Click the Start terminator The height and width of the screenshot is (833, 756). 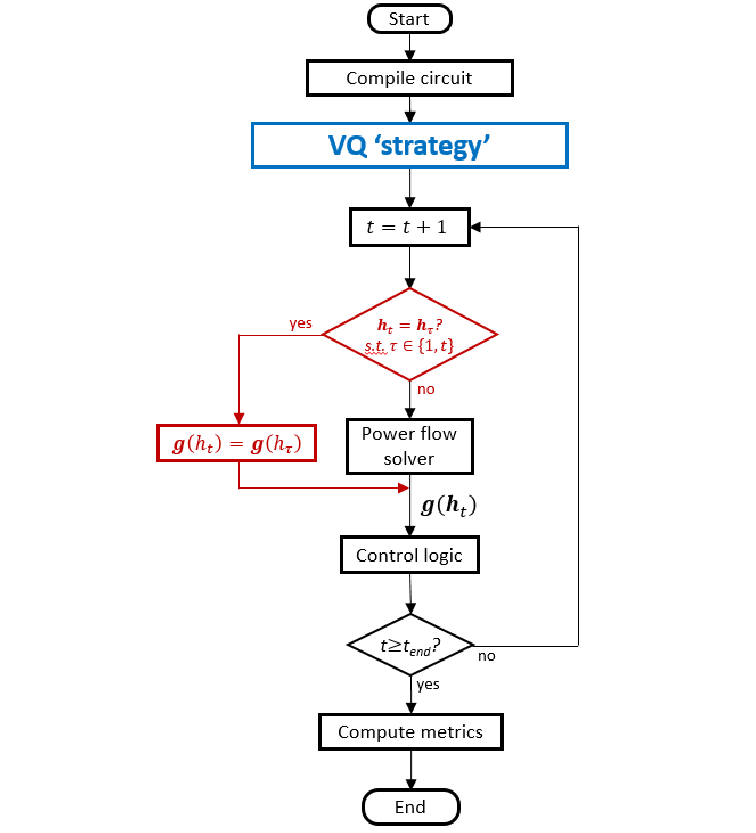click(x=410, y=19)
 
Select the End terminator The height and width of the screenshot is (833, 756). click(x=410, y=806)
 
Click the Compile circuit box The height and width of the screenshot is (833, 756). click(x=410, y=78)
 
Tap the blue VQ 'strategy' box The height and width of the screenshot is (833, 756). click(x=410, y=145)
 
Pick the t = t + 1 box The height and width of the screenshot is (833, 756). click(x=410, y=227)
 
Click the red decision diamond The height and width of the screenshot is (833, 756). click(x=410, y=334)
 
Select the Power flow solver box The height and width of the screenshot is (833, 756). click(x=410, y=446)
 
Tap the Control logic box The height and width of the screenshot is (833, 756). click(x=410, y=555)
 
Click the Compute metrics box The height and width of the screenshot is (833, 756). click(x=410, y=732)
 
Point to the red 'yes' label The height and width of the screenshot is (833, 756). click(x=300, y=324)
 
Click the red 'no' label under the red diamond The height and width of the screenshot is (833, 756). click(x=426, y=388)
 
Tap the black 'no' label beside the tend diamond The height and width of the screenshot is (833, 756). click(x=487, y=657)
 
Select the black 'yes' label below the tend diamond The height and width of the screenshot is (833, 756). click(x=428, y=685)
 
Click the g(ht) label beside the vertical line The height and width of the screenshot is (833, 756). click(x=448, y=507)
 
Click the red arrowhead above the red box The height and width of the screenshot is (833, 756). click(x=238, y=418)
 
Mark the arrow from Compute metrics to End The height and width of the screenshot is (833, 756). click(x=410, y=770)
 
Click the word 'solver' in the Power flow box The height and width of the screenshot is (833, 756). click(x=410, y=458)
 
